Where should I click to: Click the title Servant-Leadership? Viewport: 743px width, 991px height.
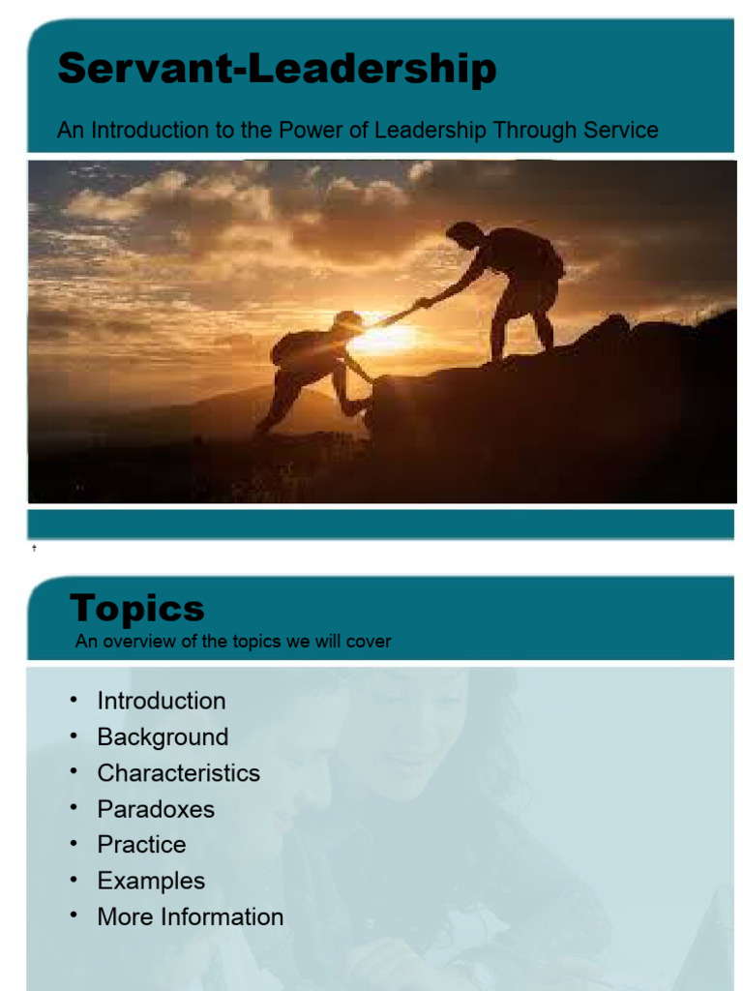pyautogui.click(x=277, y=70)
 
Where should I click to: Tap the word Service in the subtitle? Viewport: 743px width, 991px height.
pyautogui.click(x=616, y=131)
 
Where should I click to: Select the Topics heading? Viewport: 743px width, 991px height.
pyautogui.click(x=136, y=609)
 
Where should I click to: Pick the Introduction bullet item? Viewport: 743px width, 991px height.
pyautogui.click(x=161, y=701)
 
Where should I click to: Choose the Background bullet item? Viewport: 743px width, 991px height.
pyautogui.click(x=163, y=736)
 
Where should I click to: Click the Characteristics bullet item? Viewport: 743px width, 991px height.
pyautogui.click(x=178, y=772)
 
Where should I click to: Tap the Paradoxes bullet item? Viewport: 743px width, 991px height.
pyautogui.click(x=156, y=808)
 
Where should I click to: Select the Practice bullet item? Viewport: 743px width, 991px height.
pyautogui.click(x=141, y=844)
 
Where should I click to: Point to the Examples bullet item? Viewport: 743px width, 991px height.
pyautogui.click(x=151, y=881)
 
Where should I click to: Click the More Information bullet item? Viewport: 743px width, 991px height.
pyautogui.click(x=190, y=916)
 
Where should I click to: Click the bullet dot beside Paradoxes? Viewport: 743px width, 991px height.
pyautogui.click(x=74, y=806)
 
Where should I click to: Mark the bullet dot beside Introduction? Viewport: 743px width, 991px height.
pyautogui.click(x=74, y=699)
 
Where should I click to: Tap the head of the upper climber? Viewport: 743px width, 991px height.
pyautogui.click(x=463, y=235)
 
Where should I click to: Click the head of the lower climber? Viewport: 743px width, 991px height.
pyautogui.click(x=347, y=321)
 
